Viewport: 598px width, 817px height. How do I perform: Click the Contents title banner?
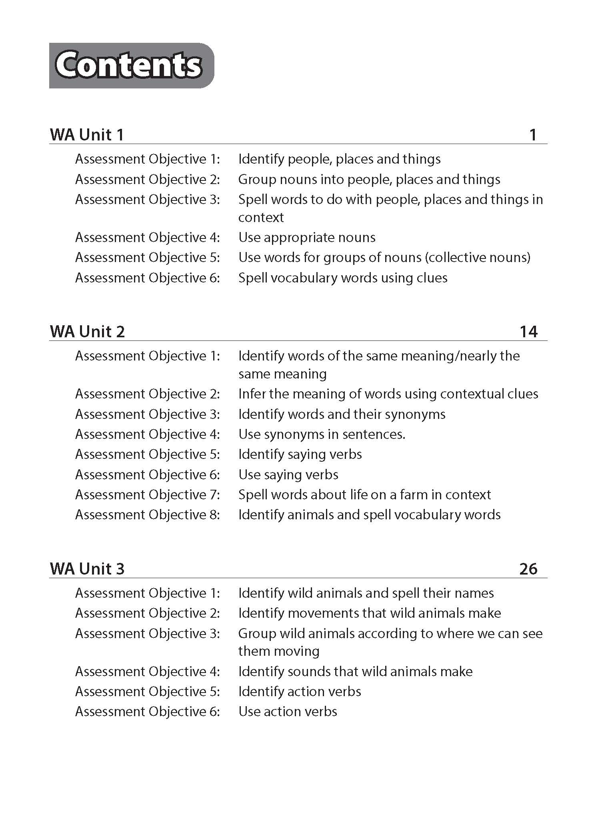[131, 66]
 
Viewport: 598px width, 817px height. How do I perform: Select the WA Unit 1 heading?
[87, 134]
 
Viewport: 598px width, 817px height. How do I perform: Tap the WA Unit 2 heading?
[87, 331]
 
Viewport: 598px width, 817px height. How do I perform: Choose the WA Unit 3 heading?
[87, 569]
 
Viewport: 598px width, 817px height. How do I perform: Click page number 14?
[528, 331]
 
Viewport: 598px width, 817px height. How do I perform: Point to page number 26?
[528, 569]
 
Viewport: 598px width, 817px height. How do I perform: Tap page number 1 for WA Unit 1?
[533, 134]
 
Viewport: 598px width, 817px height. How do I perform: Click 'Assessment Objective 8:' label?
[148, 515]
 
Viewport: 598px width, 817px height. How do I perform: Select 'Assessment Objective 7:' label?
[148, 495]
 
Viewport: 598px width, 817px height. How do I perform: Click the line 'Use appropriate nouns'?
[307, 238]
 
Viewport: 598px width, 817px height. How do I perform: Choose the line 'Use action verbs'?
[288, 711]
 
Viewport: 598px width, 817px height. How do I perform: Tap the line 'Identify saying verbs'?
[300, 454]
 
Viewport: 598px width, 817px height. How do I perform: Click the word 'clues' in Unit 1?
[432, 278]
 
